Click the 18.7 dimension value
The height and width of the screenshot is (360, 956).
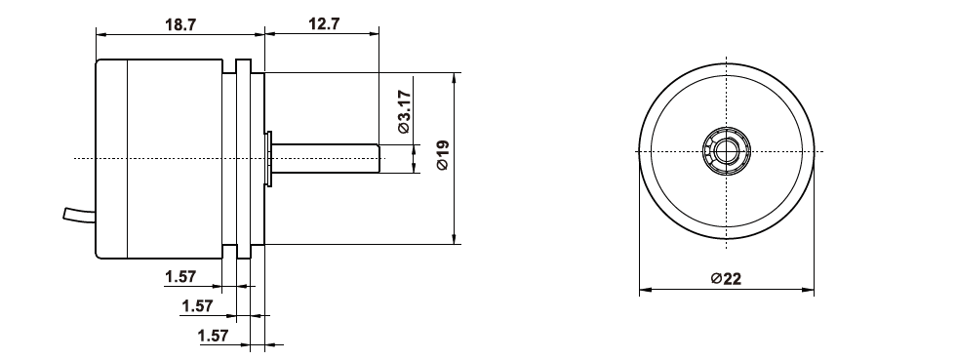coord(180,24)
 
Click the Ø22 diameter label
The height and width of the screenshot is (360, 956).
coord(726,279)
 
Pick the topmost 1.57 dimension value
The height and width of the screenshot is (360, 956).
coord(180,277)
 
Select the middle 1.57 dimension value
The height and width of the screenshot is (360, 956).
coord(197,306)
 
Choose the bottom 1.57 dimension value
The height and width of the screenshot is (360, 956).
coord(213,336)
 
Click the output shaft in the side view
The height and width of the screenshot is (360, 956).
coord(326,159)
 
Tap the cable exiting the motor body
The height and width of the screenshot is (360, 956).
coord(79,215)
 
